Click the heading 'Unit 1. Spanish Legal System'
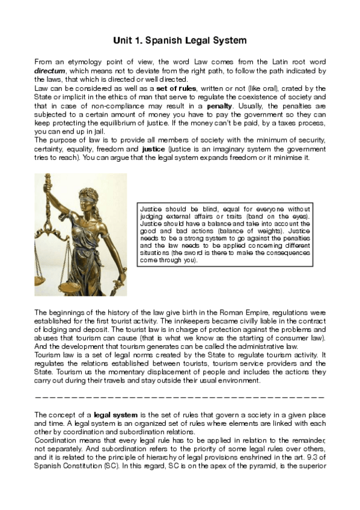tap(180, 41)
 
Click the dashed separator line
tap(180, 398)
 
